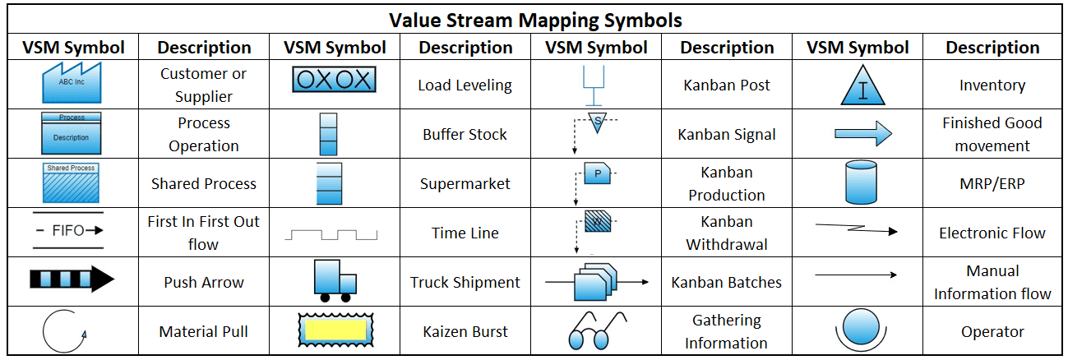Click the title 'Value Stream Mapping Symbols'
pos(534,19)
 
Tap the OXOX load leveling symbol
pos(333,81)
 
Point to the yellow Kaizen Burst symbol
pos(333,330)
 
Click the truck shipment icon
pos(333,280)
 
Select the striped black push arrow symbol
pos(72,281)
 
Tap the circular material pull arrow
pos(64,331)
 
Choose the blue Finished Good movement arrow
pos(862,133)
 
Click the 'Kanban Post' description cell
pos(727,85)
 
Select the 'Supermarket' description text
pos(465,183)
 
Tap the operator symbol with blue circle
pos(858,327)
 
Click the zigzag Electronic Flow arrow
pos(856,230)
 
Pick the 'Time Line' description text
pos(465,233)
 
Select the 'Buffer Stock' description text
pos(465,134)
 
